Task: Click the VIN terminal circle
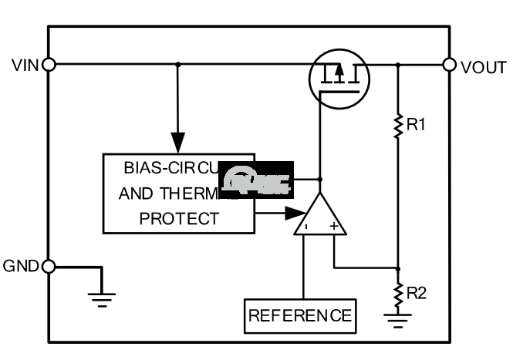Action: coord(49,64)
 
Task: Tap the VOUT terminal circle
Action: coord(451,64)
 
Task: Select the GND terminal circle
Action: coord(49,267)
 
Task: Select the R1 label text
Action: coord(417,124)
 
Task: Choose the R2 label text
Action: coord(417,292)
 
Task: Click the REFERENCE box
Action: coord(300,315)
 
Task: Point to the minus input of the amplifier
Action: coord(305,227)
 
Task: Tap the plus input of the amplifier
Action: coord(334,227)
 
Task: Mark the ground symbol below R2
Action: coord(398,320)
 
